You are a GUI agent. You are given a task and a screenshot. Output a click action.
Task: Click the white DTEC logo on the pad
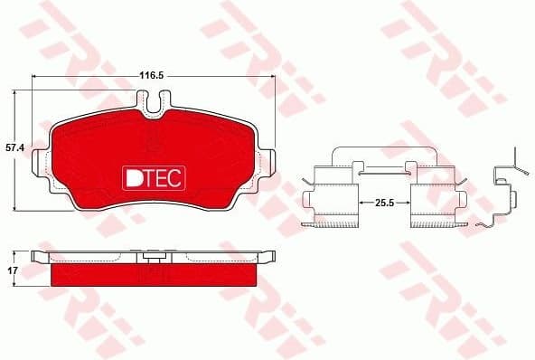153,177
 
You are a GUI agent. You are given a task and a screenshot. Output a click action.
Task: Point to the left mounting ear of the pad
41,164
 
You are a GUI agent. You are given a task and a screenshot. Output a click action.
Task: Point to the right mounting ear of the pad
268,164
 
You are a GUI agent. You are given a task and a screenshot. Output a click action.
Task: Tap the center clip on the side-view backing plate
154,258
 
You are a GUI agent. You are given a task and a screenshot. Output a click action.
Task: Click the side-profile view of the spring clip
505,194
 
